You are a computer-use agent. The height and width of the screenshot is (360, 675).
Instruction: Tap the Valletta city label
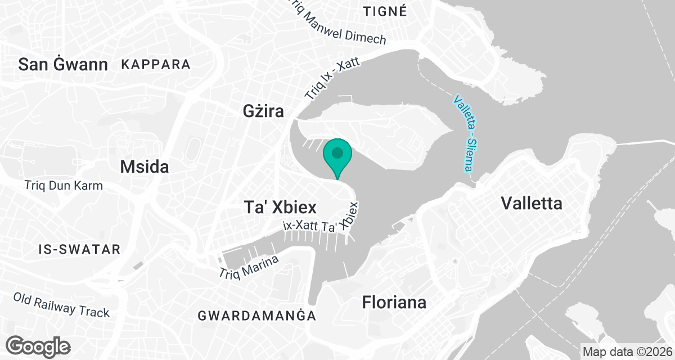point(531,203)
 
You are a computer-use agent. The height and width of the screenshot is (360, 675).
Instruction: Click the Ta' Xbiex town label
point(280,207)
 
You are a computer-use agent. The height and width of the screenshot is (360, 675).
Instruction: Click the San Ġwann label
point(63,64)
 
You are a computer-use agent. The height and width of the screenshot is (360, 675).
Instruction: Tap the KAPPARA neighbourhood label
point(156,64)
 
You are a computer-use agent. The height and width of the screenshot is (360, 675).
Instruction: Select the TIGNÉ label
point(385,11)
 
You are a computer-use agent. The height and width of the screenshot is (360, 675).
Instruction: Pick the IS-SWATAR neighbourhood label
point(80,249)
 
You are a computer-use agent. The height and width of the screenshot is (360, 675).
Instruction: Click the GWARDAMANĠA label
point(256,316)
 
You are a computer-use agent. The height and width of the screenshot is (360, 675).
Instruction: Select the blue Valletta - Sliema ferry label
point(466,133)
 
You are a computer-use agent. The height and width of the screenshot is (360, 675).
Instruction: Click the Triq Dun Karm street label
point(64,185)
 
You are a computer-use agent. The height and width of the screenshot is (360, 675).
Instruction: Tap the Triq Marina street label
point(249,267)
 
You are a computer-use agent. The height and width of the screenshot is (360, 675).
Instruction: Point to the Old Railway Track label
point(61,304)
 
